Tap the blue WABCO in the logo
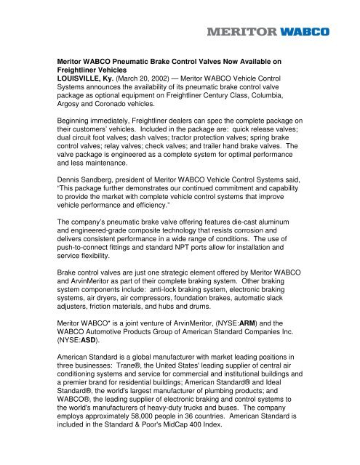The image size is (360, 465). click(x=305, y=31)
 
